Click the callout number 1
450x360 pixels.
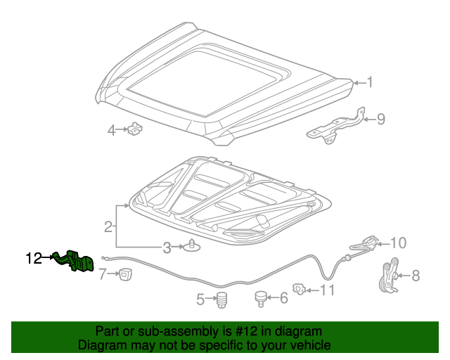pyautogui.click(x=369, y=82)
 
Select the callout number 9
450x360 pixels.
pyautogui.click(x=380, y=119)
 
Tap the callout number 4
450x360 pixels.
pyautogui.click(x=111, y=130)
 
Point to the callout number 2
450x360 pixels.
pyautogui.click(x=108, y=226)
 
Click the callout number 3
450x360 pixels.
pyautogui.click(x=167, y=247)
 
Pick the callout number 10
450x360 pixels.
pyautogui.click(x=398, y=243)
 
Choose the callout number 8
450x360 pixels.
pyautogui.click(x=416, y=276)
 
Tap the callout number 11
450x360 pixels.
pyautogui.click(x=328, y=289)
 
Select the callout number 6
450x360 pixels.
pyautogui.click(x=283, y=298)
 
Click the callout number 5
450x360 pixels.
pyautogui.click(x=200, y=300)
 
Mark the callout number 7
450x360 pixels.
pyautogui.click(x=102, y=274)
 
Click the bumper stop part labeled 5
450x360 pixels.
pyautogui.click(x=222, y=299)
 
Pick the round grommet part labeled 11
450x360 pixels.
pyautogui.click(x=300, y=288)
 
